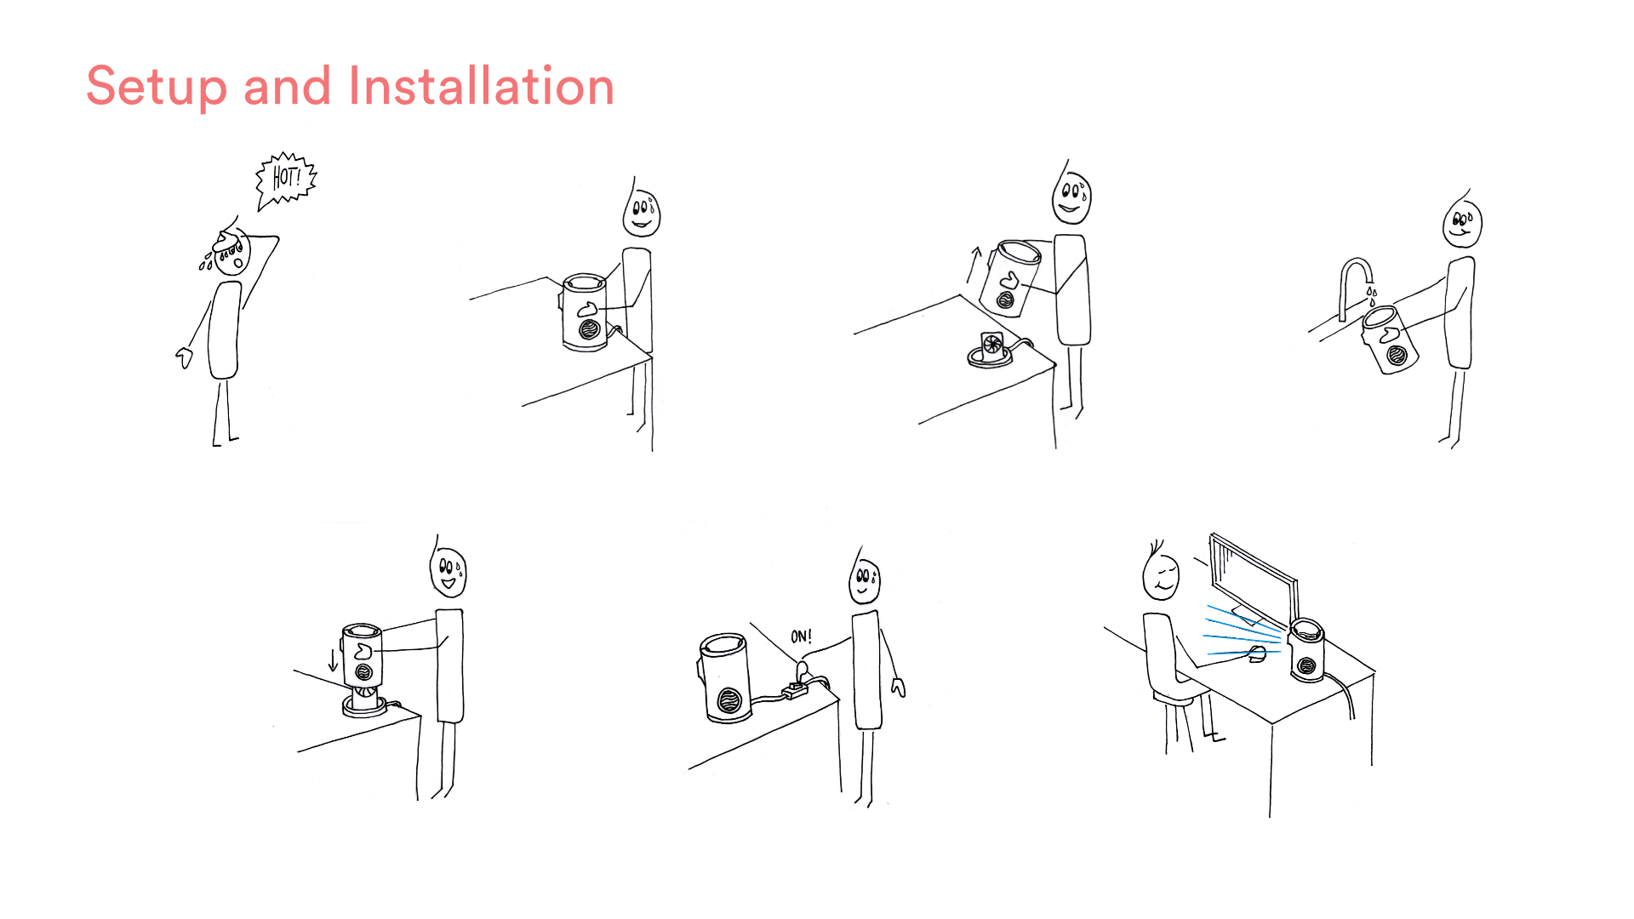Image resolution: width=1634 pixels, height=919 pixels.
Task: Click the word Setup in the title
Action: (x=157, y=87)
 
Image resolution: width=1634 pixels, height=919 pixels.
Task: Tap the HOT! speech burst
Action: (x=286, y=179)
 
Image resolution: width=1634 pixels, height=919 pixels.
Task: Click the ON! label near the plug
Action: (x=802, y=636)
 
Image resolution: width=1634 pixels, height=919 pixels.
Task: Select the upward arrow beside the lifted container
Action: (x=974, y=265)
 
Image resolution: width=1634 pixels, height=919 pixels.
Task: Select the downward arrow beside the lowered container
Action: (x=333, y=659)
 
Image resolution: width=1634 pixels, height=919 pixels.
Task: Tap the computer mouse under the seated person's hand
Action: (x=1258, y=654)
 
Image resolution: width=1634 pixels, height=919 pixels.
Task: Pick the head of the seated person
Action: (x=1161, y=574)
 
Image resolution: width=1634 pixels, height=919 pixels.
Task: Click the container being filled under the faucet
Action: (x=1390, y=340)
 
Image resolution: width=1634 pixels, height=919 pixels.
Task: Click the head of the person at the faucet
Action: (x=1462, y=222)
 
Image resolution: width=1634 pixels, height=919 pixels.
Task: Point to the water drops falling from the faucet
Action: (x=1371, y=294)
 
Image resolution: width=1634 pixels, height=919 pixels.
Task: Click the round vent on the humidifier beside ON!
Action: (x=729, y=701)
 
